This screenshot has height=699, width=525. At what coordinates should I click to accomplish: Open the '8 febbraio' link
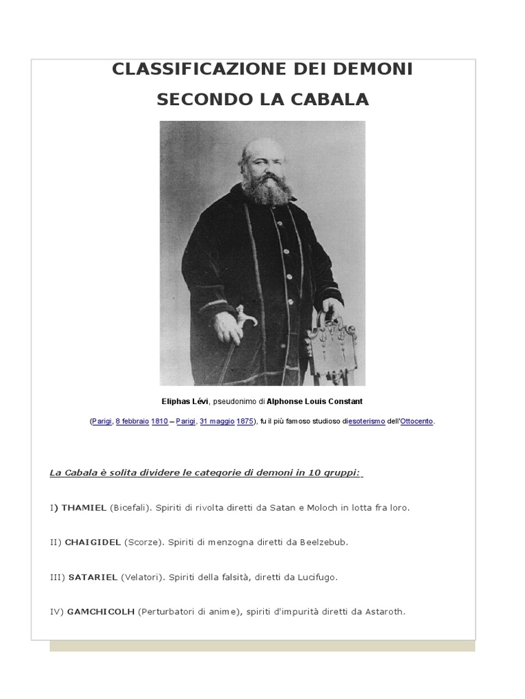pos(132,422)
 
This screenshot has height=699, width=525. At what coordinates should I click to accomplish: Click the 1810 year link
pos(159,422)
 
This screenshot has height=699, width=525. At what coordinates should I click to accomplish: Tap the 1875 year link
pos(245,422)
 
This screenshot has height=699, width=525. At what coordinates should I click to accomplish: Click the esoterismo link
pos(367,422)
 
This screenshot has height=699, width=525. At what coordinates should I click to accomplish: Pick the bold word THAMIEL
pos(83,508)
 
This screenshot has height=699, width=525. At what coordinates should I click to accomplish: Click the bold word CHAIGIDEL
pos(93,542)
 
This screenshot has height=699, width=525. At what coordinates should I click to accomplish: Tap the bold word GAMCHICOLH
pos(100,612)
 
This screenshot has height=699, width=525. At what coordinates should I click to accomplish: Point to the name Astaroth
pos(386,612)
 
